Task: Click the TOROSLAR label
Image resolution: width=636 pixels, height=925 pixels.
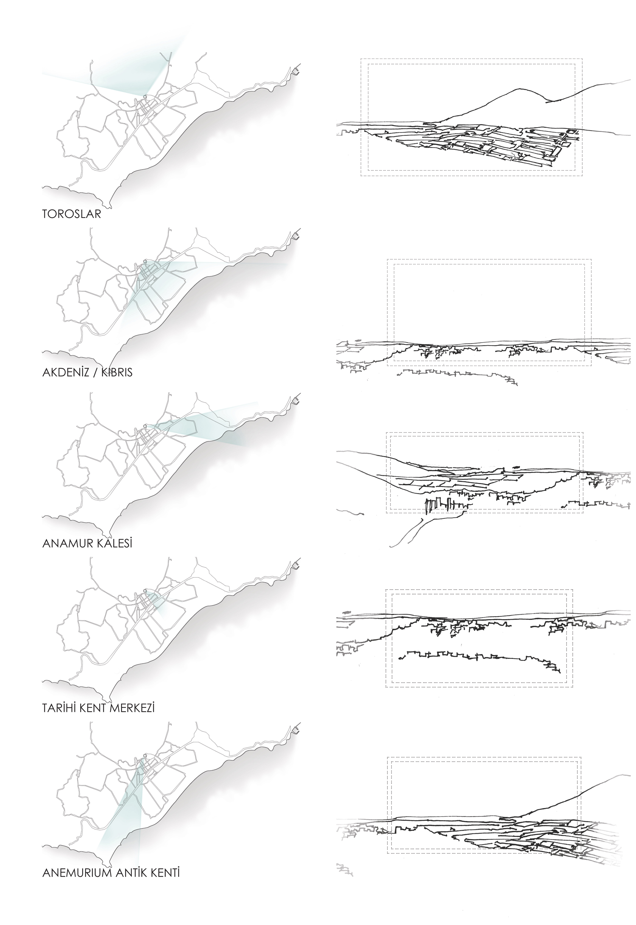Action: click(72, 214)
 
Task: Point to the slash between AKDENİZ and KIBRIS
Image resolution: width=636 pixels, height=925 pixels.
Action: click(94, 372)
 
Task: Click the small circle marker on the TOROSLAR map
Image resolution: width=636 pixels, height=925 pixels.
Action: click(145, 97)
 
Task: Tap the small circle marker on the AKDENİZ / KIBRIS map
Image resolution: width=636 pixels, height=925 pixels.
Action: click(145, 261)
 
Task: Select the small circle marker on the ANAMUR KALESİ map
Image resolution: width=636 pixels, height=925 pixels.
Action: click(145, 426)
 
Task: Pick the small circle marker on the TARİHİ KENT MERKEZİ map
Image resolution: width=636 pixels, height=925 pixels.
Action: click(145, 590)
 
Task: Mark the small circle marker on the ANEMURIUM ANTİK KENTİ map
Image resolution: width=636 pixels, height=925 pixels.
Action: click(145, 755)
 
